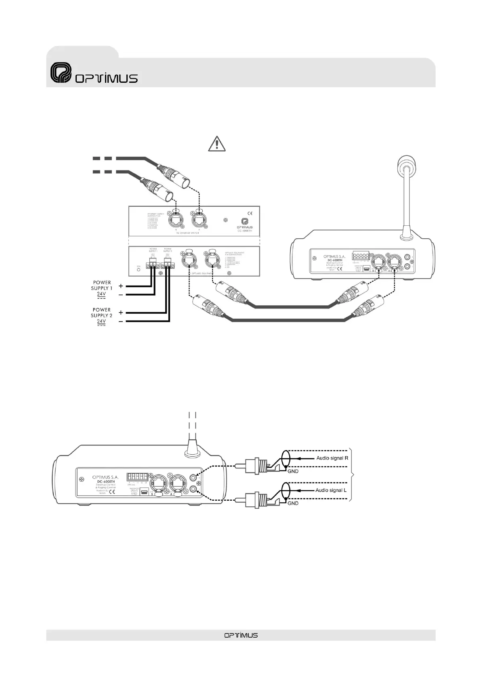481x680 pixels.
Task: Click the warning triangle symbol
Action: pos(217,144)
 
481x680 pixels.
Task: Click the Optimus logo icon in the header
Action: pos(60,73)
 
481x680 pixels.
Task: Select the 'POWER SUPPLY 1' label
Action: pos(102,285)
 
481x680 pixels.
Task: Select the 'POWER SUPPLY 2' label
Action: pos(102,313)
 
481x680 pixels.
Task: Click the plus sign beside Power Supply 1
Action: pos(121,285)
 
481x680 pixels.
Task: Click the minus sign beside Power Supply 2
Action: pos(121,321)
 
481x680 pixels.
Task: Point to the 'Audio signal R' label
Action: pos(332,458)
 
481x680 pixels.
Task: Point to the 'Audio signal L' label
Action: pos(332,490)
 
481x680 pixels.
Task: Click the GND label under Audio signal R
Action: pos(293,471)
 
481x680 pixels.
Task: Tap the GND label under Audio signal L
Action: pos(293,504)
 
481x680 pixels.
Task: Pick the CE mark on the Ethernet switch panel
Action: pos(250,214)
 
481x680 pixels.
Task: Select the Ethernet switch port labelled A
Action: pos(199,220)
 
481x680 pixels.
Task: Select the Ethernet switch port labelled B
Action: pos(176,220)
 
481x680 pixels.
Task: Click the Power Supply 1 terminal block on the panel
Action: pos(153,265)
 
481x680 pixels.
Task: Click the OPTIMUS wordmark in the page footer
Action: pos(241,635)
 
